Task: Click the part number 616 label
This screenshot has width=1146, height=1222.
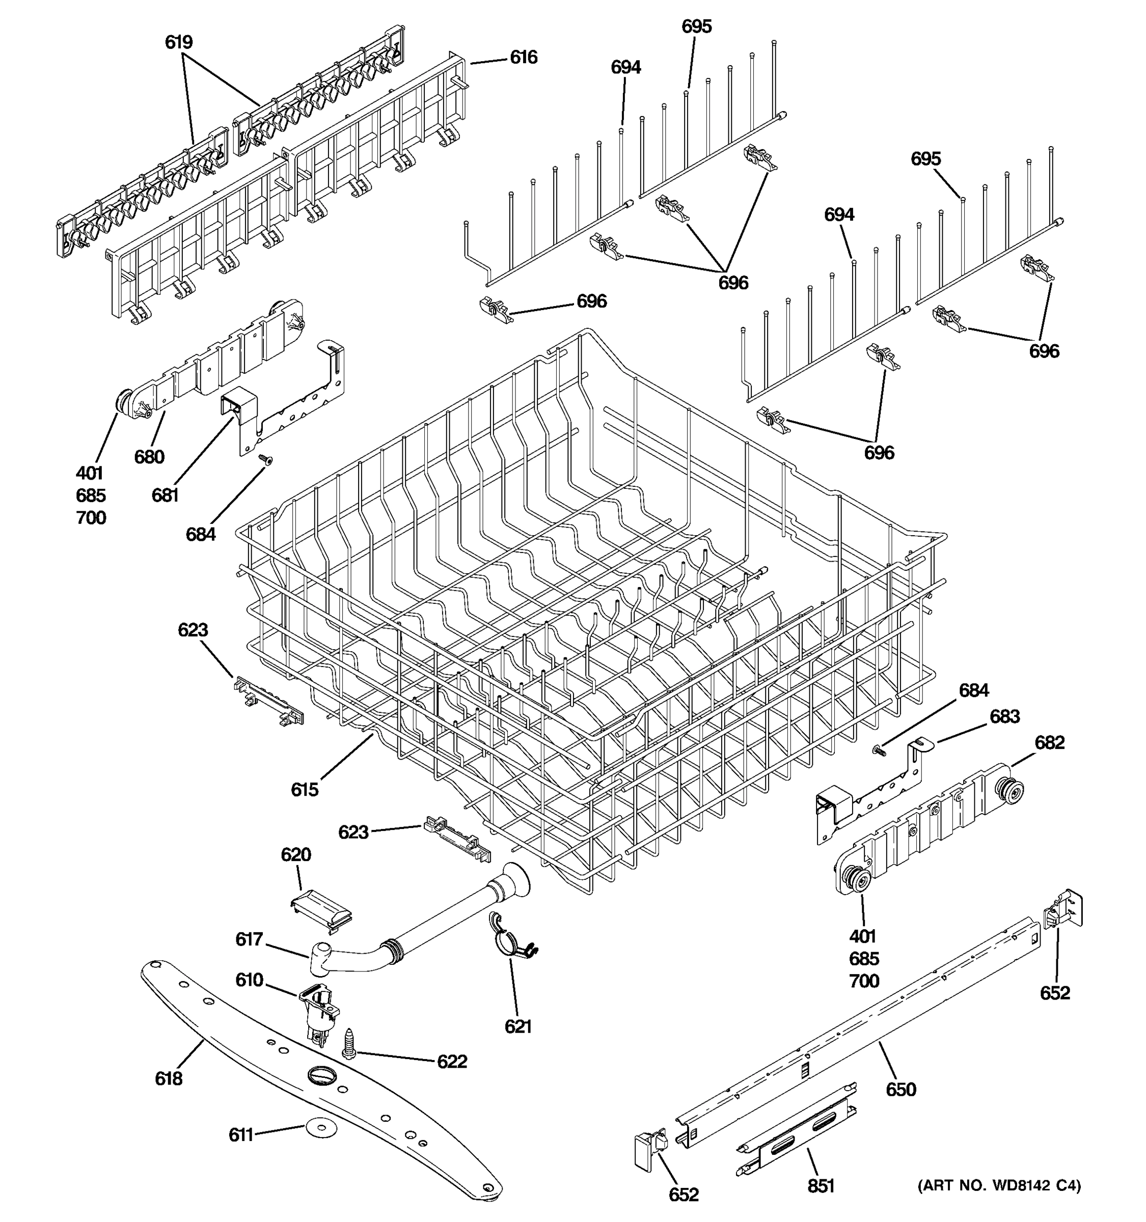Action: (523, 58)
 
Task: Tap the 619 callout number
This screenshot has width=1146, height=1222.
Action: (178, 42)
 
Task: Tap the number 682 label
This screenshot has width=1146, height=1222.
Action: (1049, 742)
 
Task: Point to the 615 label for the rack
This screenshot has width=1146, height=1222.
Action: (305, 789)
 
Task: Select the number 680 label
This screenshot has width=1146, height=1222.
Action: (149, 457)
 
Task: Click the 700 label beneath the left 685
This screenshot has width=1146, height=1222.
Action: (91, 517)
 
